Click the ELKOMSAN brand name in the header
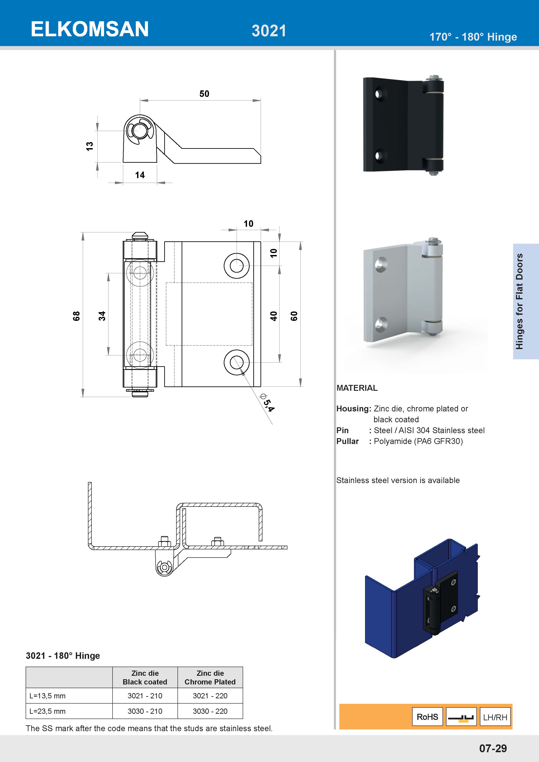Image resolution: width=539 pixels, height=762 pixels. tap(90, 29)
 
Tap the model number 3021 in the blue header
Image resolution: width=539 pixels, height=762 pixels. tap(269, 31)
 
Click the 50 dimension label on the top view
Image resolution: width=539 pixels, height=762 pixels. tap(204, 94)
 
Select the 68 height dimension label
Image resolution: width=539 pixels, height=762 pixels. tap(76, 316)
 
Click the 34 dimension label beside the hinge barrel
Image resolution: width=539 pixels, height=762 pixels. tap(102, 316)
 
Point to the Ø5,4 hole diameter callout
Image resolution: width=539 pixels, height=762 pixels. tap(267, 402)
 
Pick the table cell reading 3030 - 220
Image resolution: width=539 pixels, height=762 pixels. tap(210, 711)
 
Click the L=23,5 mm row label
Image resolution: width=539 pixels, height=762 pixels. tap(47, 711)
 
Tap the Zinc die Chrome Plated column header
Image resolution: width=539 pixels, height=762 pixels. tap(210, 677)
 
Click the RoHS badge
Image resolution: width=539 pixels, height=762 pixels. tap(427, 717)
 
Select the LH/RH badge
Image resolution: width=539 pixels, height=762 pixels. tap(495, 717)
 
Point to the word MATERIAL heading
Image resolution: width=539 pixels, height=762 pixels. tap(357, 388)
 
